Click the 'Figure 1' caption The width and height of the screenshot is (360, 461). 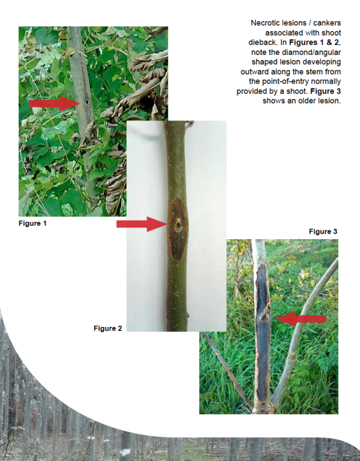32,223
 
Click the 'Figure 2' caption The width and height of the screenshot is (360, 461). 108,328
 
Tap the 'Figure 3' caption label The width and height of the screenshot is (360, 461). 323,231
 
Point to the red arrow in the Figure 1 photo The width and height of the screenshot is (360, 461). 55,103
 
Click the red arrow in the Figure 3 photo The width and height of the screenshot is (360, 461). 301,319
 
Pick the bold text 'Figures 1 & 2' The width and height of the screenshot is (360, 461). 314,43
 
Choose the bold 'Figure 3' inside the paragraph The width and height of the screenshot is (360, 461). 325,91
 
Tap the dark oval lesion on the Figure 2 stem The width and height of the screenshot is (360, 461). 178,230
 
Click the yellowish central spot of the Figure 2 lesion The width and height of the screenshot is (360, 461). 178,225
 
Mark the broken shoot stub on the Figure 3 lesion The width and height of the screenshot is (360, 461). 266,312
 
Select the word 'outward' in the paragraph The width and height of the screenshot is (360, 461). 254,72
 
